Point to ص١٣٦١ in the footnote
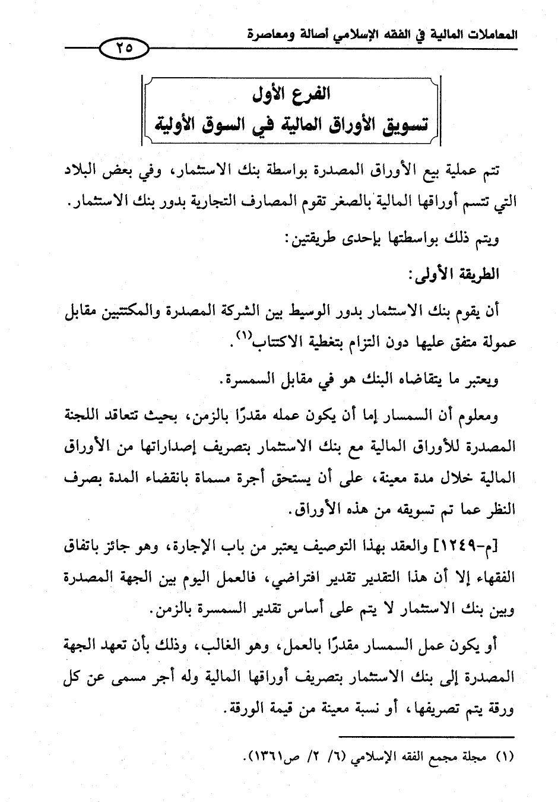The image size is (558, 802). [268, 757]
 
